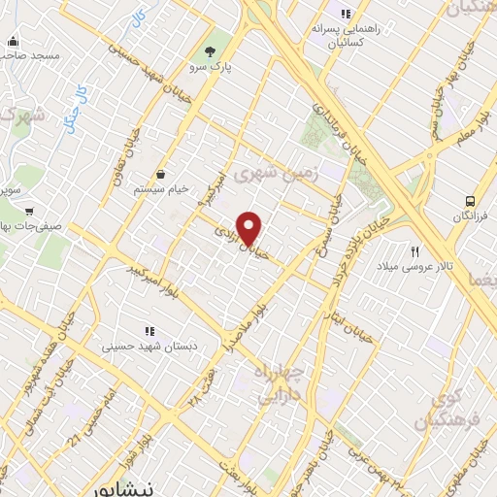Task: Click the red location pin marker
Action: point(249,227)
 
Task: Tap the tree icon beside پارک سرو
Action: point(211,50)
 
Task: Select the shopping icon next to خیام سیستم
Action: point(159,174)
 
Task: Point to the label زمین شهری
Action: point(285,176)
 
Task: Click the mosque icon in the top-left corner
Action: point(13,42)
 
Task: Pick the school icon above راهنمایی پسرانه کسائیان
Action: point(345,14)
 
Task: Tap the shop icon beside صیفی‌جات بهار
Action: point(30,209)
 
